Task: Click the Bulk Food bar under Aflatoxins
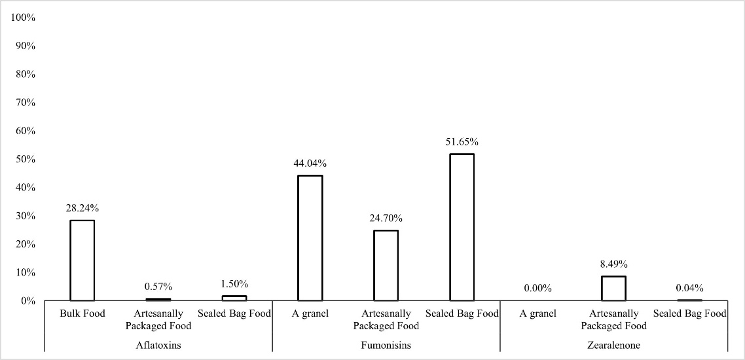[82, 260]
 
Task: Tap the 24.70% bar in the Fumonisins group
[386, 265]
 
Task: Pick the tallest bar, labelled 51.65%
[462, 227]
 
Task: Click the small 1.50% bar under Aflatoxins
[234, 298]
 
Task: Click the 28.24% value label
[82, 208]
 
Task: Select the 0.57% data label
[158, 286]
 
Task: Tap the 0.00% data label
[537, 288]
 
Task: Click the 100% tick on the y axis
[23, 18]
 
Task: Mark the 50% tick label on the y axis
[25, 159]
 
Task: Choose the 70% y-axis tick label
[25, 103]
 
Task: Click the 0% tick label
[27, 300]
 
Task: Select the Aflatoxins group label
[158, 345]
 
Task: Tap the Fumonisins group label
[386, 345]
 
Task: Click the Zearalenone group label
[613, 345]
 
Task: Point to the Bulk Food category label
[82, 314]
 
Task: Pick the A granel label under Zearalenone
[537, 314]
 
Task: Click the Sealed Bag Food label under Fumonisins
[462, 314]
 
